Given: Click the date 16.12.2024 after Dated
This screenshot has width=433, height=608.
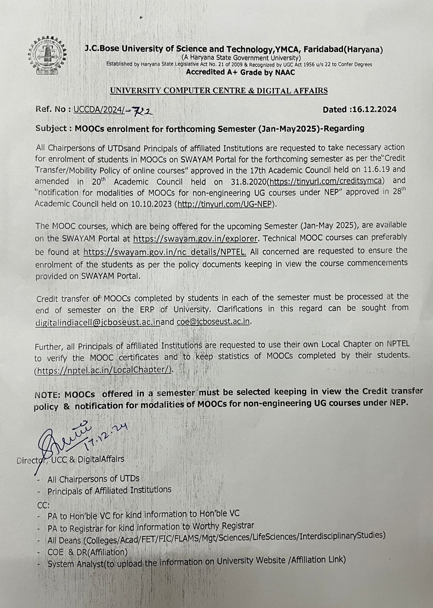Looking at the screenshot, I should [374, 110].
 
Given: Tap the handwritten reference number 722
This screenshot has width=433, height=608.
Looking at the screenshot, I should [140, 111].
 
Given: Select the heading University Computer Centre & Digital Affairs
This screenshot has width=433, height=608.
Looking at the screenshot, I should [218, 91].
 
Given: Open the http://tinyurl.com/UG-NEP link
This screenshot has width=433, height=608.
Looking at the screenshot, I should [225, 204].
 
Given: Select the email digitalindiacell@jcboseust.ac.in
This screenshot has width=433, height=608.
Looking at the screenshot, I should [98, 322].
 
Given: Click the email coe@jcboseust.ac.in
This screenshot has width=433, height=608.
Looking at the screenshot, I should [213, 321].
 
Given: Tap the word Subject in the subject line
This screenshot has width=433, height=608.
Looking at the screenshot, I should [51, 128].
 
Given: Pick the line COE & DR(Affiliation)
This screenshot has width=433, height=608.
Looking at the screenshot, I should [87, 552].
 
